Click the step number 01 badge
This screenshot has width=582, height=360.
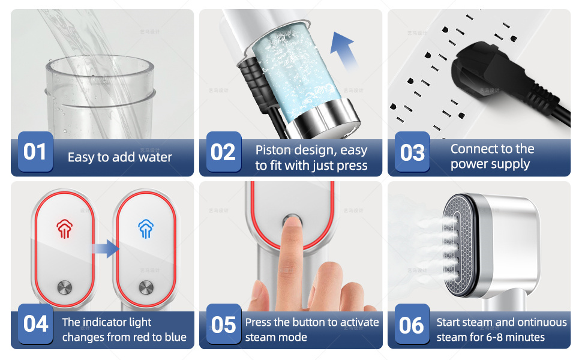click(35, 151)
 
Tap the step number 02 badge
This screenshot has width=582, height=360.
click(223, 151)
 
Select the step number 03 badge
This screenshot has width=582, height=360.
click(412, 151)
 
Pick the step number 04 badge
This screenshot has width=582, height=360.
click(35, 323)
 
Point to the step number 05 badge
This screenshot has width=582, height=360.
click(223, 323)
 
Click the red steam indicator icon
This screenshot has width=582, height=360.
click(64, 228)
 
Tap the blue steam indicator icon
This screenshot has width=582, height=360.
click(146, 228)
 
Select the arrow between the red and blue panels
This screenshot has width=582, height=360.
click(106, 248)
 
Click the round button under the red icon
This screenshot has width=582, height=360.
click(65, 287)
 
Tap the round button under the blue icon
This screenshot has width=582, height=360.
click(146, 287)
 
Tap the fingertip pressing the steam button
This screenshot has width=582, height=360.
click(293, 224)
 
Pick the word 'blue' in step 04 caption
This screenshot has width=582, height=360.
click(176, 337)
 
